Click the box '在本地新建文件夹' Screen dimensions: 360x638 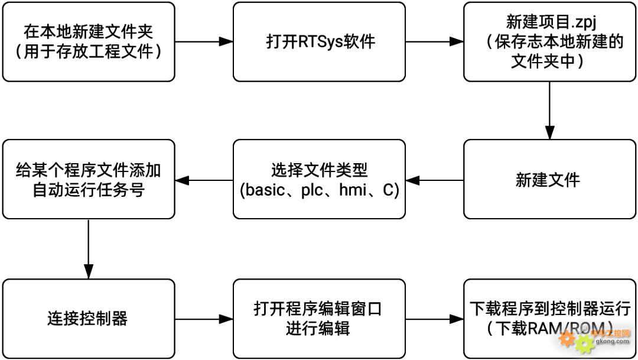[x=89, y=42]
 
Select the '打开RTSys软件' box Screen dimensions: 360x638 [x=319, y=42]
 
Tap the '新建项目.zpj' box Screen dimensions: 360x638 [x=550, y=42]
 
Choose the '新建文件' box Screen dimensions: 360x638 [x=550, y=180]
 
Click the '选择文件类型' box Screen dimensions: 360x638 [x=319, y=180]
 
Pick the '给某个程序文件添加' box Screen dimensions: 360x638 [x=89, y=180]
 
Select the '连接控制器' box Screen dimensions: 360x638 [x=89, y=319]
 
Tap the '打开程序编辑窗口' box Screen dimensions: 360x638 [x=319, y=319]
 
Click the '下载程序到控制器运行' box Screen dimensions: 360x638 [x=550, y=319]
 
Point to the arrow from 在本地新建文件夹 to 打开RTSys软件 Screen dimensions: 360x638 [x=204, y=42]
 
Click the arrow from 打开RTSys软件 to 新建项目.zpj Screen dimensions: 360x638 [x=434, y=42]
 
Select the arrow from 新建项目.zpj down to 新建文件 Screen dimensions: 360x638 [x=550, y=110]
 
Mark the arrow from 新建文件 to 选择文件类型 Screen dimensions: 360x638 [x=434, y=180]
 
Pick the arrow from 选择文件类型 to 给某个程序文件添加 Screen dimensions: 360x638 [x=204, y=180]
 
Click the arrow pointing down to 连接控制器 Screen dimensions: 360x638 [x=89, y=248]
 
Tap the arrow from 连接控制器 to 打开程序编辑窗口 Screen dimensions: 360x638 [x=204, y=319]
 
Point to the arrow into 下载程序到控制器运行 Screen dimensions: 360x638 [x=434, y=319]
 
